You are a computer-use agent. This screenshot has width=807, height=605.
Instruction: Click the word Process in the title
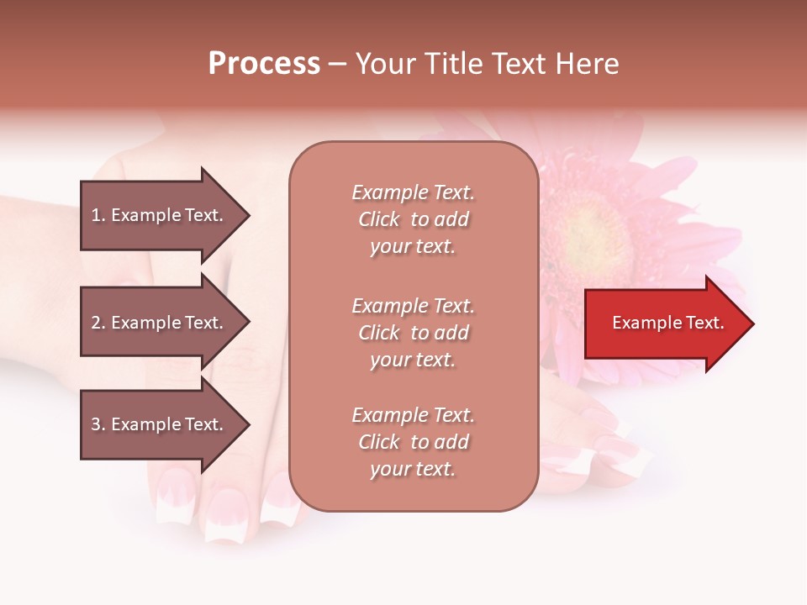(264, 64)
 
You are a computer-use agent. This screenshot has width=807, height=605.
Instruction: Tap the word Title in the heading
(451, 64)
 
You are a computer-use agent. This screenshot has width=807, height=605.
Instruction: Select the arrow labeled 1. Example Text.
(160, 215)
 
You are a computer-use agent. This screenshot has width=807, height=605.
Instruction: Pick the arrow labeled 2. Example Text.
(160, 323)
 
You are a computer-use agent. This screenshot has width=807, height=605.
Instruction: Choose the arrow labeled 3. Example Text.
(160, 424)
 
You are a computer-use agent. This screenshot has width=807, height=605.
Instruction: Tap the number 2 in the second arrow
(96, 323)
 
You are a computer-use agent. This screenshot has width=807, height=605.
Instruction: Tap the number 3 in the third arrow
(96, 424)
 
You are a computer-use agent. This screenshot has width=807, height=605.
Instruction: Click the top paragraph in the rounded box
(413, 219)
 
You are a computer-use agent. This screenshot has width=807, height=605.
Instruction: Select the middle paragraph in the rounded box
(413, 333)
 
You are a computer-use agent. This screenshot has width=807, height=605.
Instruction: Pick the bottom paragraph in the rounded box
(413, 442)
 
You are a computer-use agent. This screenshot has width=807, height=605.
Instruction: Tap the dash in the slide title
(337, 64)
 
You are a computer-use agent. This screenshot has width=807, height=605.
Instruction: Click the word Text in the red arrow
(705, 323)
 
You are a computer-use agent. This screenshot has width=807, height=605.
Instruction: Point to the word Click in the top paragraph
(379, 219)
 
